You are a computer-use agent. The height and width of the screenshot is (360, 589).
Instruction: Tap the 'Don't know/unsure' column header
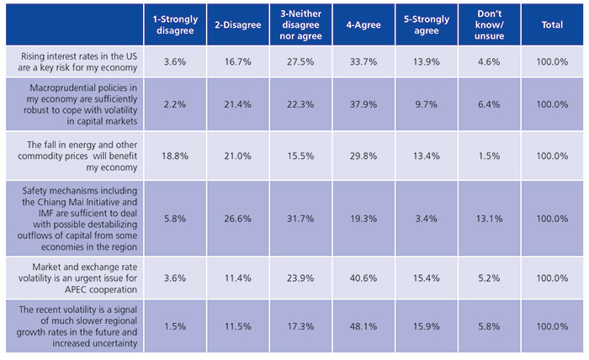pos(490,25)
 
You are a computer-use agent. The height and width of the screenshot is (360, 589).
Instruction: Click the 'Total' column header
pos(553,25)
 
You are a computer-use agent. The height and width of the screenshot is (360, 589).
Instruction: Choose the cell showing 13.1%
pos(490,217)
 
